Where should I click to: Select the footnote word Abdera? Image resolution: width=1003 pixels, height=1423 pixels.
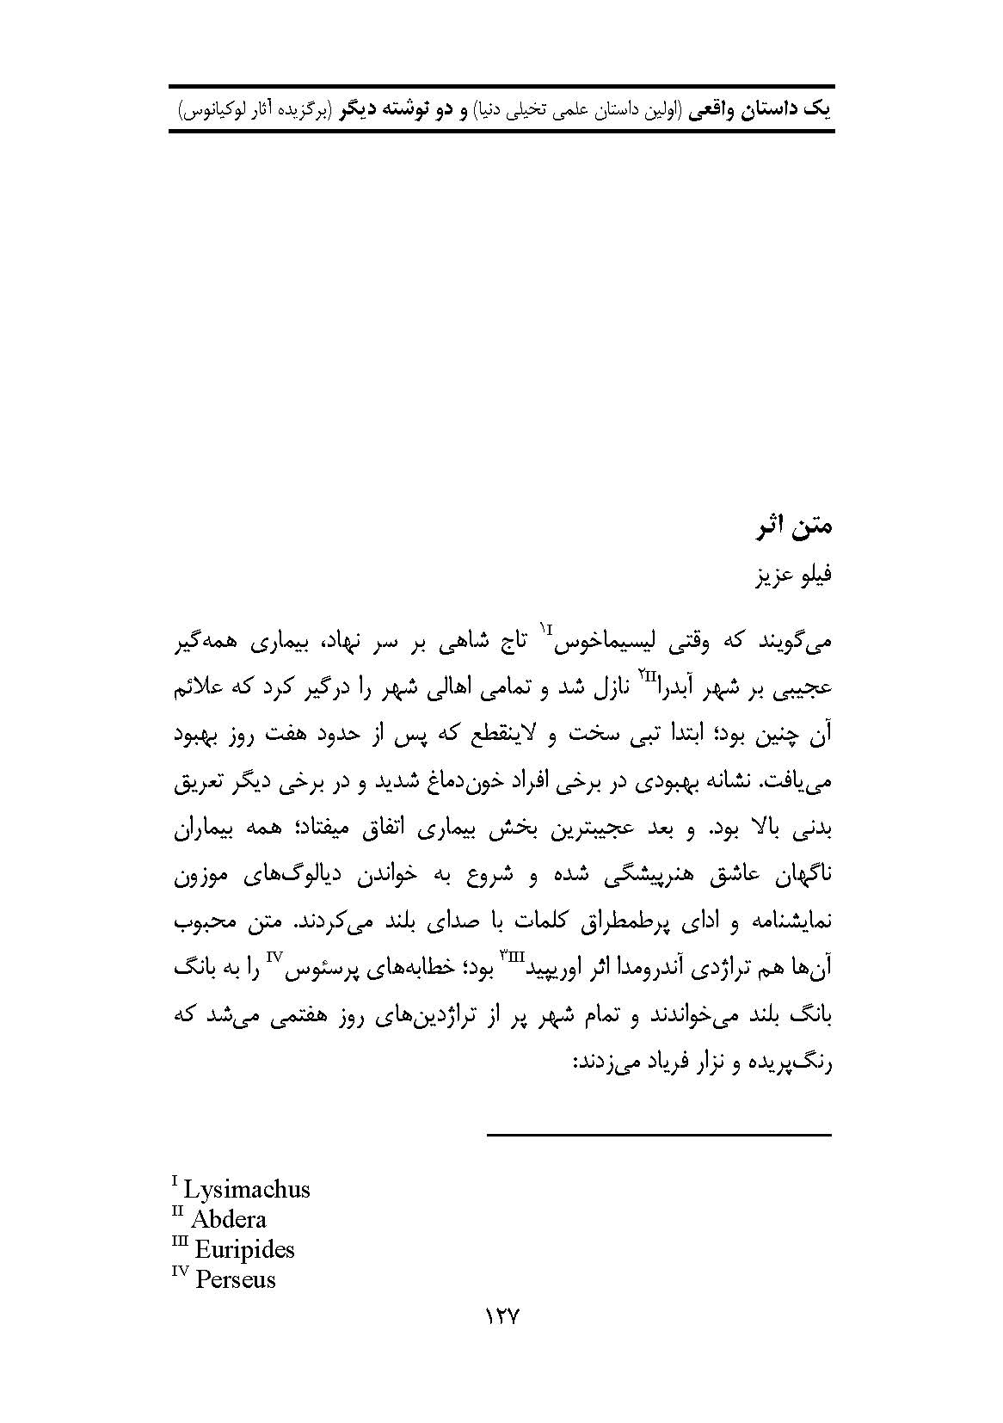click(x=228, y=1219)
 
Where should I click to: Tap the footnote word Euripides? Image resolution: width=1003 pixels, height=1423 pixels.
click(x=244, y=1249)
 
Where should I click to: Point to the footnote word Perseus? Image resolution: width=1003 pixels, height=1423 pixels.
click(x=235, y=1279)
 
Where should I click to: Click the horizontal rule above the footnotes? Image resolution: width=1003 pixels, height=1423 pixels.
click(x=659, y=1137)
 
